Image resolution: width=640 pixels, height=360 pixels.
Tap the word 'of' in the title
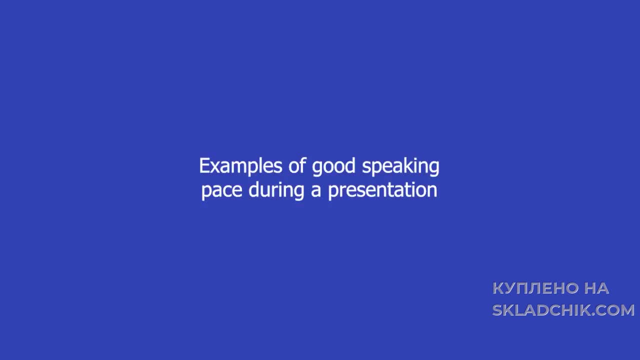[297, 165]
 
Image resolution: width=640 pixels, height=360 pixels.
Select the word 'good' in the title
[333, 166]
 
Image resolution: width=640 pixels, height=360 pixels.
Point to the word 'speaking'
[400, 166]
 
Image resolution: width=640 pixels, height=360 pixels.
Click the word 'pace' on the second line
[222, 190]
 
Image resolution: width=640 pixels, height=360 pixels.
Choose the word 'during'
[276, 190]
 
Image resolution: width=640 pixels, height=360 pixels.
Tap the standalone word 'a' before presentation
[315, 190]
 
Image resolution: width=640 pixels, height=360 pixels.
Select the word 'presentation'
[382, 190]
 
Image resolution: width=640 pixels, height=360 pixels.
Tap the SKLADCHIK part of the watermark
[541, 310]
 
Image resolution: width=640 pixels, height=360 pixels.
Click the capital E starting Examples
[204, 165]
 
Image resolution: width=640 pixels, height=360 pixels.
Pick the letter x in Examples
[217, 167]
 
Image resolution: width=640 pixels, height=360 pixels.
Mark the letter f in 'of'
[302, 165]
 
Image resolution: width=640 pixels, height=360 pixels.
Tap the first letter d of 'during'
[253, 189]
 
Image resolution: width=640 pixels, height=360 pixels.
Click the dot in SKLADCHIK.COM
[593, 314]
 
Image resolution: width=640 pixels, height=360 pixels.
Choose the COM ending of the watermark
[615, 310]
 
